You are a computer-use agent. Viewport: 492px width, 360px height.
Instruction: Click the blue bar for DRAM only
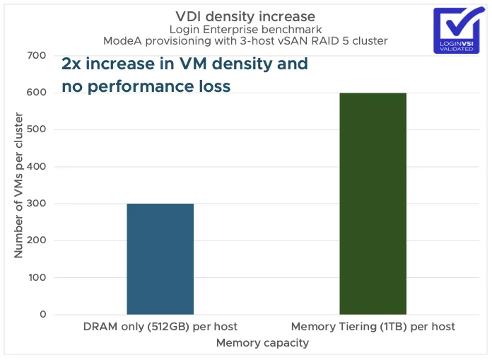[x=160, y=259]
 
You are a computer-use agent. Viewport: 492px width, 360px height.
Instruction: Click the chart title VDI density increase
[x=245, y=16]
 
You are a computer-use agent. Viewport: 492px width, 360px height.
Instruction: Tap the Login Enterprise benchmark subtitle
[x=245, y=29]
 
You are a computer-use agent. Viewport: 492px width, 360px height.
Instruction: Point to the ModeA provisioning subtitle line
[x=245, y=41]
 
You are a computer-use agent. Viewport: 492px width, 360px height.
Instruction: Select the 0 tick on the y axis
[x=43, y=315]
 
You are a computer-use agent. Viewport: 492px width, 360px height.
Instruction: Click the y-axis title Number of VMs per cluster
[x=19, y=185]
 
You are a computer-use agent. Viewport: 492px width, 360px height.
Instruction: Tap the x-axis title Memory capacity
[x=262, y=343]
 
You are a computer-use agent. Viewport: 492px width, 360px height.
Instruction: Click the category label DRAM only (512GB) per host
[x=160, y=327]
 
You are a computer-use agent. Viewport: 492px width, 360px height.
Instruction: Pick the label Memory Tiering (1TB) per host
[x=373, y=327]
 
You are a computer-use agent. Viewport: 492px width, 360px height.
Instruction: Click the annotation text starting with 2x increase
[x=184, y=64]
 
